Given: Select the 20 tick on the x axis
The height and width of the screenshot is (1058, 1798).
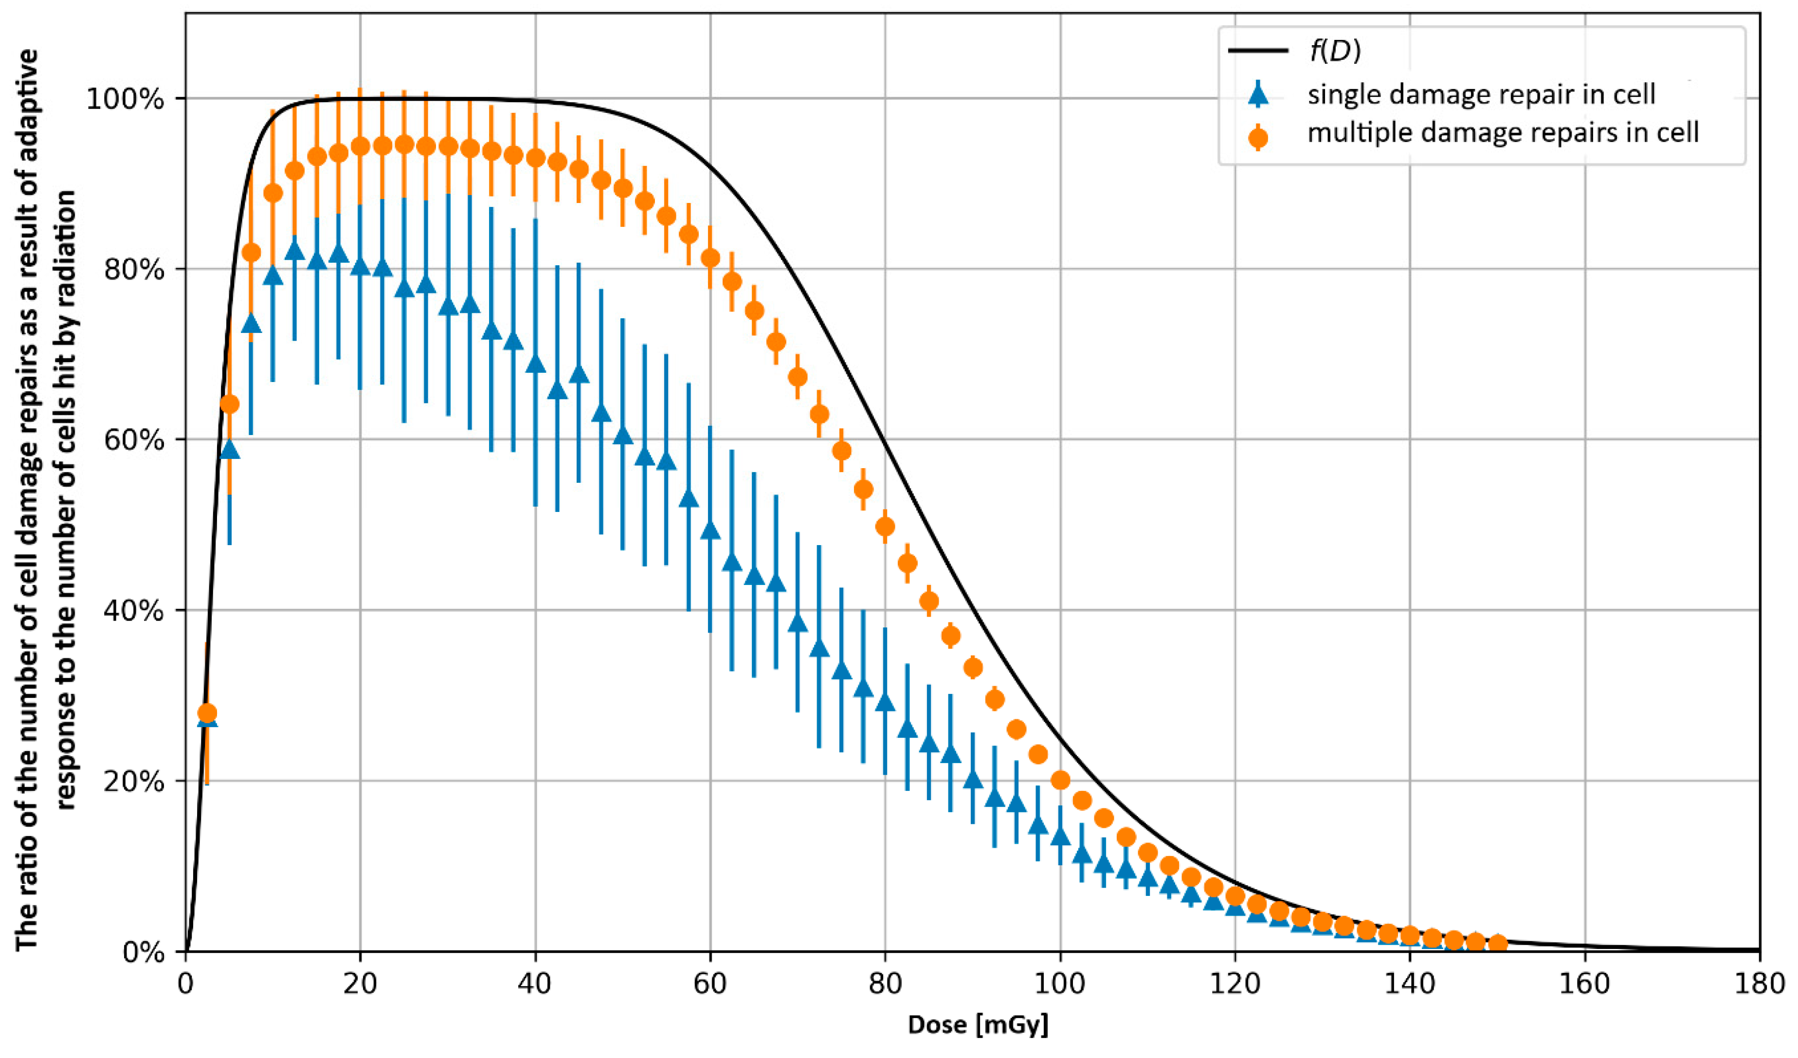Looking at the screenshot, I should coord(360,985).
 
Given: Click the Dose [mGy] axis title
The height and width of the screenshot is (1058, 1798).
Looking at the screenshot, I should coord(978,1026).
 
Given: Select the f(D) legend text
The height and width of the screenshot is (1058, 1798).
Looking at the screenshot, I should coord(1334,52).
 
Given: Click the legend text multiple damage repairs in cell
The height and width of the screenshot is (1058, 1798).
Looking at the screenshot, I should coord(1503,133).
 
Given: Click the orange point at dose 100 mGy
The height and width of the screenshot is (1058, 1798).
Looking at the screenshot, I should coord(1060,780).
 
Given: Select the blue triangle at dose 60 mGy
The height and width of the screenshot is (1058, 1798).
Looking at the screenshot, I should coord(710,530).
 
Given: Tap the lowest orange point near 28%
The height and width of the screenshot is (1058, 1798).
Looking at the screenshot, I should coord(207,712).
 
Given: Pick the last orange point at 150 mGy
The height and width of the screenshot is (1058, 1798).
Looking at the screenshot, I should coord(1498,943).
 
